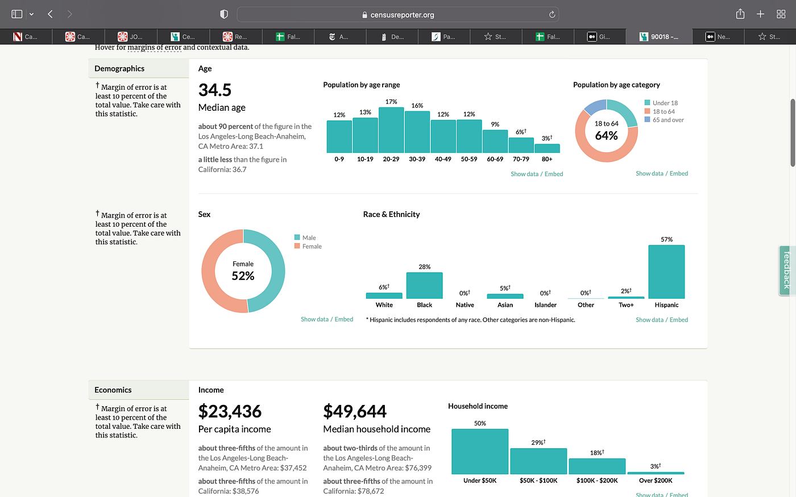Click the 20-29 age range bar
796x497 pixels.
click(x=391, y=130)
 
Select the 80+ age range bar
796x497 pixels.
click(x=547, y=148)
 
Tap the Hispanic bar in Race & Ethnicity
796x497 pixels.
click(x=666, y=272)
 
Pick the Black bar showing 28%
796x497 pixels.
click(x=424, y=285)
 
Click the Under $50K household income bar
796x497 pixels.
click(x=480, y=452)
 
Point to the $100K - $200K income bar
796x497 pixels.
click(x=597, y=466)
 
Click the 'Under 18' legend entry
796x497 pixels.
click(x=665, y=103)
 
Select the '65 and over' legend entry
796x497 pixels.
click(x=668, y=120)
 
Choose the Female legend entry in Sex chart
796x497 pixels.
click(x=312, y=247)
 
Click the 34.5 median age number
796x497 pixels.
click(x=215, y=90)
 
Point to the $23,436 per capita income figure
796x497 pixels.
click(x=230, y=411)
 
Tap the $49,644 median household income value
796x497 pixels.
click(x=355, y=411)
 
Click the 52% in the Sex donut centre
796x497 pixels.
click(x=243, y=276)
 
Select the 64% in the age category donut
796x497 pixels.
click(x=606, y=136)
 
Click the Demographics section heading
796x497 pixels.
click(x=119, y=69)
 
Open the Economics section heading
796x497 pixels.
click(x=113, y=390)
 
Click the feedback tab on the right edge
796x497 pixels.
click(x=787, y=270)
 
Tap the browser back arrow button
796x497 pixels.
click(x=51, y=14)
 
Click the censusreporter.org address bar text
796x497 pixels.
click(x=402, y=15)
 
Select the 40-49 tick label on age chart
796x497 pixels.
click(x=443, y=160)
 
